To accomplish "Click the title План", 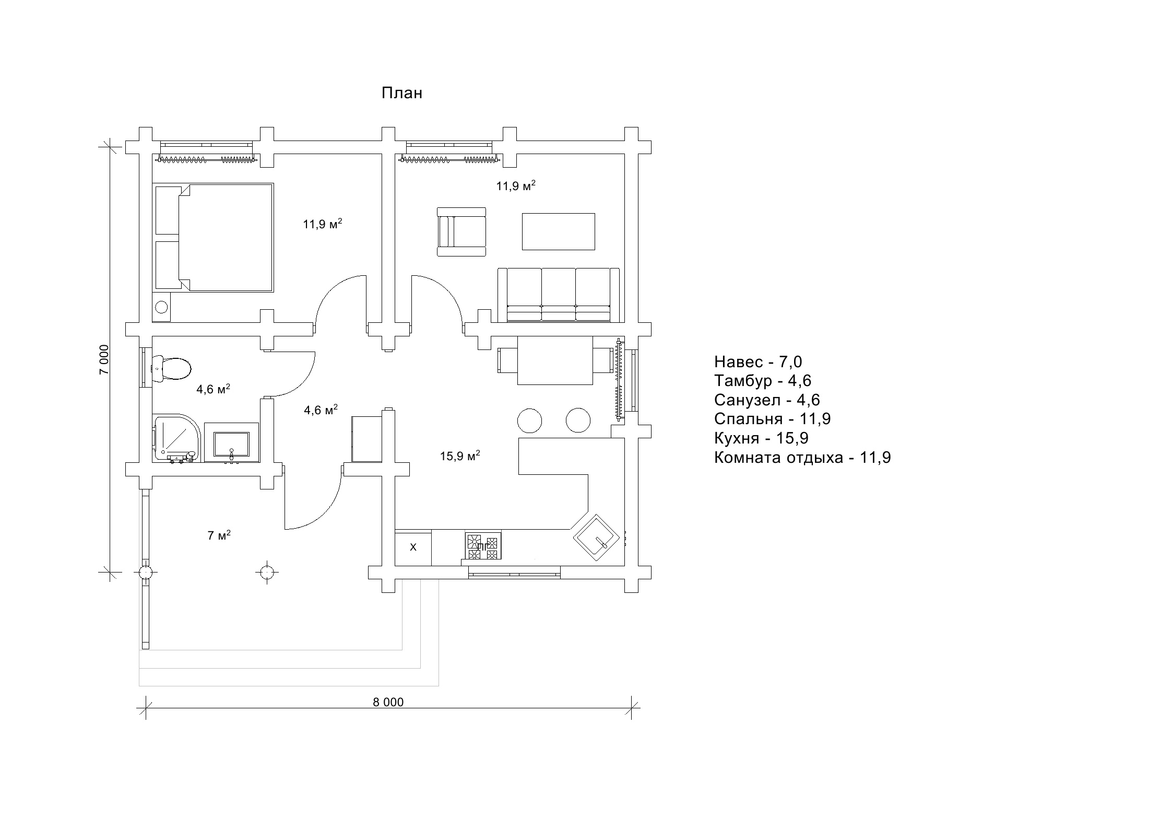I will click(x=401, y=94).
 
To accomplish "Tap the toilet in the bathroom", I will click(x=172, y=368).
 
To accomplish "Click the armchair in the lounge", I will click(x=461, y=231).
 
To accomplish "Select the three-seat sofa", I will click(x=559, y=295).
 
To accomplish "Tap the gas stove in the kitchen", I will click(x=483, y=546).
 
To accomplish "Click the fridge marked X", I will click(x=413, y=547).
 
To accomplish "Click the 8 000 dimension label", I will click(x=388, y=702).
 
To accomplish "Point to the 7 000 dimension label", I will click(x=105, y=359).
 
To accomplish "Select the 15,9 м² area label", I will click(x=460, y=456).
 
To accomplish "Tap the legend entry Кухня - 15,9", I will click(x=761, y=438).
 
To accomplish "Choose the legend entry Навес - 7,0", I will click(x=758, y=361).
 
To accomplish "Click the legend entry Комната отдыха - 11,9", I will click(x=802, y=458).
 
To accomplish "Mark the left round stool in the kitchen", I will click(x=529, y=421).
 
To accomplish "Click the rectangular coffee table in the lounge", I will click(x=558, y=231).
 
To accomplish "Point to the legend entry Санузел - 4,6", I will click(x=767, y=400).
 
